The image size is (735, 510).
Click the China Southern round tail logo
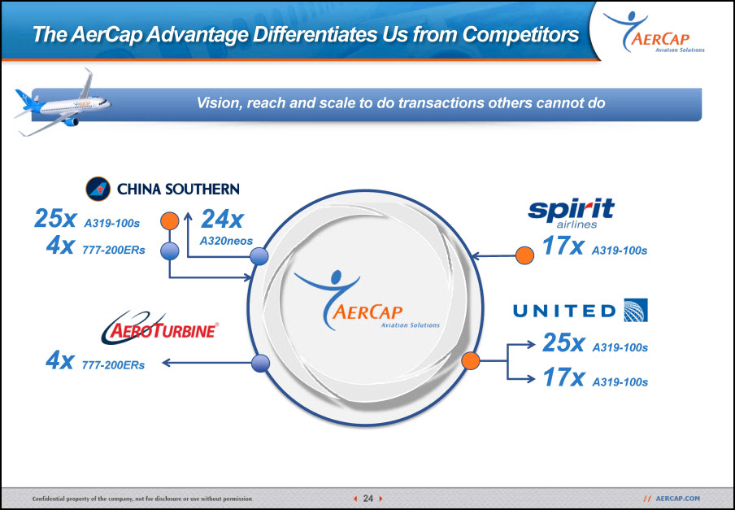pos(98,189)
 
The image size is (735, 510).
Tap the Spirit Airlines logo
pos(571,213)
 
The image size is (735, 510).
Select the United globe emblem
pos(636,310)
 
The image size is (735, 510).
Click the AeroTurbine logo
pos(160,327)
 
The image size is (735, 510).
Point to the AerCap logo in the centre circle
pos(367,300)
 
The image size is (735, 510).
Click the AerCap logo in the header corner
pos(654,32)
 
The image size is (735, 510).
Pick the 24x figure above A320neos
pos(222,219)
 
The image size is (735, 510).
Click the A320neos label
pos(226,241)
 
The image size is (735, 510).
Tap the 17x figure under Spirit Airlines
pos(563,246)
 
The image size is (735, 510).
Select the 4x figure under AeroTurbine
pos(59,360)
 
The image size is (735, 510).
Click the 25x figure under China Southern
pos(54,219)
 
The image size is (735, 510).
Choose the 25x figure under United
pos(563,342)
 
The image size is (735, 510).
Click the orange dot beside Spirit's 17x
pos(524,255)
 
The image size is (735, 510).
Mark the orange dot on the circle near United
pos(471,360)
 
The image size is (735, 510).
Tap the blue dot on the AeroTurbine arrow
pos(261,364)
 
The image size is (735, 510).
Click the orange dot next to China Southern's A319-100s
pos(170,220)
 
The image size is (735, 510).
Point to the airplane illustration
pos(63,103)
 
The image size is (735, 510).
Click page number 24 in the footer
pos(368,499)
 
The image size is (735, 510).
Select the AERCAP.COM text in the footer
pos(677,499)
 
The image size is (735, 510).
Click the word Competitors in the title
pos(520,34)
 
